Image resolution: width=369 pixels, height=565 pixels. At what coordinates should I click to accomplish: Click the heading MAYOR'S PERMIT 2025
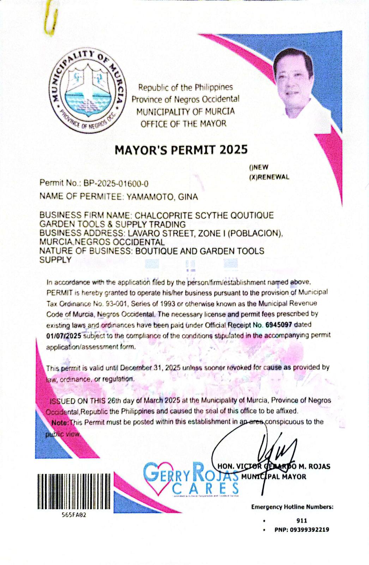point(181,150)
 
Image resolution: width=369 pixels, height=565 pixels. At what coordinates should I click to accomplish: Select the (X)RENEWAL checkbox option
point(269,177)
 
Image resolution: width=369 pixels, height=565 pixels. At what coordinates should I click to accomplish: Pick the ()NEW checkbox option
point(258,167)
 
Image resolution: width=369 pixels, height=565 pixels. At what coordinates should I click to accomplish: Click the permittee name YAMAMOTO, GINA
point(162,197)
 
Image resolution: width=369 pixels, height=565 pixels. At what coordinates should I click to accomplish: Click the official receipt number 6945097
point(278,324)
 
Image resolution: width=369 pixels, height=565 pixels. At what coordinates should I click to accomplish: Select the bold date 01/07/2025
point(64,335)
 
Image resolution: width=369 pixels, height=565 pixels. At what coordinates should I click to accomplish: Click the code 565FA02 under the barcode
point(73,515)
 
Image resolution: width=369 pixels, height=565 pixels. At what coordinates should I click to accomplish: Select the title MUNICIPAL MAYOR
point(274,477)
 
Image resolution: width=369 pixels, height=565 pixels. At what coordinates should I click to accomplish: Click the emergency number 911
point(302,520)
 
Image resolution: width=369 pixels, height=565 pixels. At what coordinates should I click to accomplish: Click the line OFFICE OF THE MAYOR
point(183,124)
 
